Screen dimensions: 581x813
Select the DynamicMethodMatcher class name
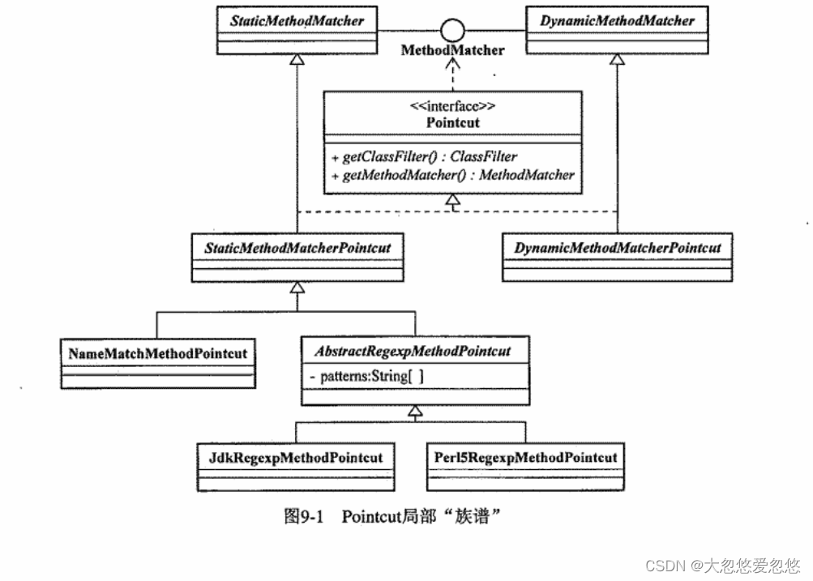point(617,20)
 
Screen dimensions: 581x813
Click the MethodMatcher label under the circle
point(453,50)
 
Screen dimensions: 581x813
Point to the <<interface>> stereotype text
point(452,105)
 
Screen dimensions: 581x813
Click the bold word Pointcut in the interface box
point(452,122)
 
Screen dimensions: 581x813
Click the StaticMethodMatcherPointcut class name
point(297,247)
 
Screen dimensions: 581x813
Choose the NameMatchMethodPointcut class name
point(157,353)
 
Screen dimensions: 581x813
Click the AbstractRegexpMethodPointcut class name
point(415,352)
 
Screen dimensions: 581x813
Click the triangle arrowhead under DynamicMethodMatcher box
point(618,59)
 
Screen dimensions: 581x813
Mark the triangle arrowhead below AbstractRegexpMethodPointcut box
point(416,412)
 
